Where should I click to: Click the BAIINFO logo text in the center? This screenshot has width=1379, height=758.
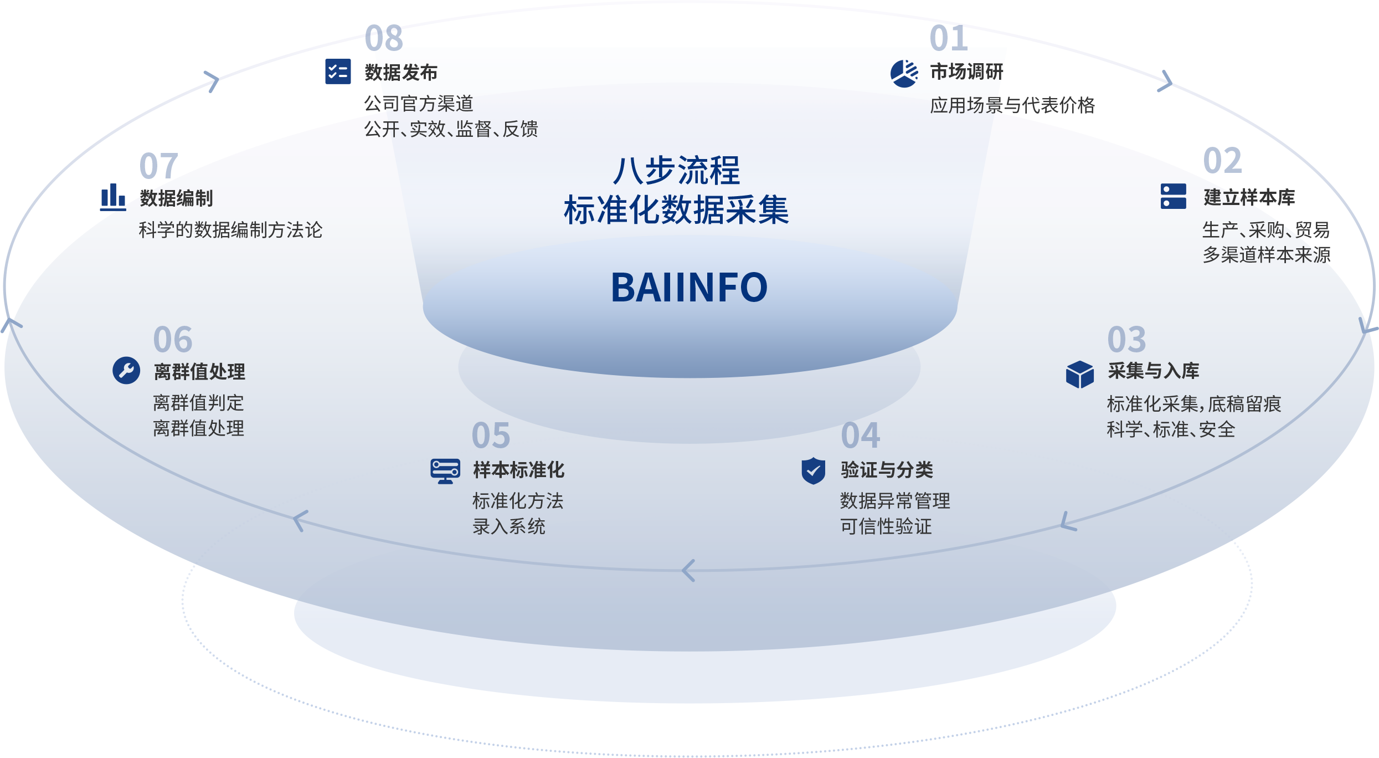click(x=689, y=288)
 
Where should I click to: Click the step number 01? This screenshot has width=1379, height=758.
click(x=949, y=38)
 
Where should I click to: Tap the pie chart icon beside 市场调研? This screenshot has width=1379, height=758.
click(x=904, y=73)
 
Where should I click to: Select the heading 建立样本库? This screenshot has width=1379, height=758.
click(x=1249, y=197)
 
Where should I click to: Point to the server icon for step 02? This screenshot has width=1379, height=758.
click(x=1173, y=196)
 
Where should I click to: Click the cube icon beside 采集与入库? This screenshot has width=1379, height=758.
click(x=1079, y=374)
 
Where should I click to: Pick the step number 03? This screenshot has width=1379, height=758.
click(x=1126, y=339)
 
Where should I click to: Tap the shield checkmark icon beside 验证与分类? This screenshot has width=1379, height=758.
click(x=814, y=470)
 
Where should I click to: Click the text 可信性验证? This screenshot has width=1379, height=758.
click(x=886, y=526)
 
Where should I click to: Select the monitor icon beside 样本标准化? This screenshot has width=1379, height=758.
click(x=445, y=471)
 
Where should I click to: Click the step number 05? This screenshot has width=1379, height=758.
click(x=491, y=435)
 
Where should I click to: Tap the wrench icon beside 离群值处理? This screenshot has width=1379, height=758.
click(x=126, y=370)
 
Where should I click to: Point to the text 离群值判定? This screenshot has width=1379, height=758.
click(x=198, y=402)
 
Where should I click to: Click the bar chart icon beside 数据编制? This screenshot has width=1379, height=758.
click(x=113, y=197)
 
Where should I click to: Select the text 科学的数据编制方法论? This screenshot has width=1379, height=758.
click(x=230, y=229)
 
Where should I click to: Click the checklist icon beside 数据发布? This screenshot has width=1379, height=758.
click(x=338, y=71)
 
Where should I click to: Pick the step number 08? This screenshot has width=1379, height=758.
click(x=384, y=38)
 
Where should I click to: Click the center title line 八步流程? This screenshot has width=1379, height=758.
click(x=677, y=170)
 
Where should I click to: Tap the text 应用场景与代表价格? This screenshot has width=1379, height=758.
click(x=1012, y=105)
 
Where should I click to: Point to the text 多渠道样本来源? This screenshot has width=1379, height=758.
click(x=1267, y=254)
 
